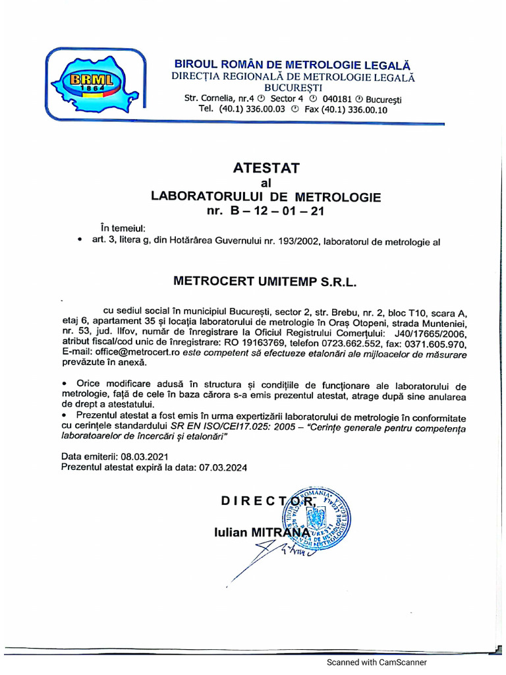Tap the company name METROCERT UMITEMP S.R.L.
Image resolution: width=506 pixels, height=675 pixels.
(x=264, y=280)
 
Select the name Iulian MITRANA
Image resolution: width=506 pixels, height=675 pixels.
(x=261, y=532)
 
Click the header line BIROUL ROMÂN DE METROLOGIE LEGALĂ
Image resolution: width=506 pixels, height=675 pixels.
(x=292, y=65)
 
